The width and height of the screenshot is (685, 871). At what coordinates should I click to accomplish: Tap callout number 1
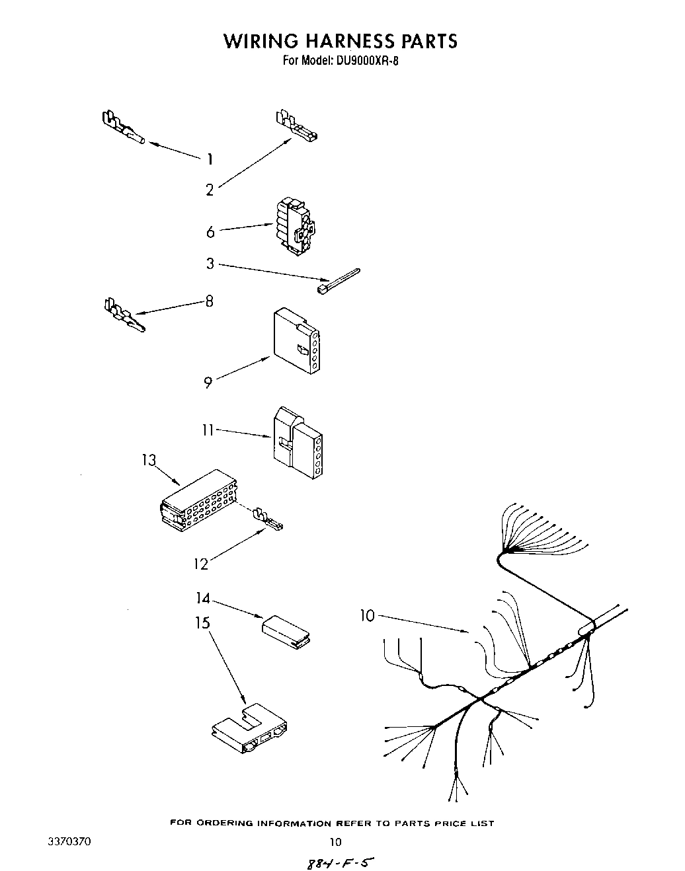210,159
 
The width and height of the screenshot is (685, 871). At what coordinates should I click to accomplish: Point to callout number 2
210,190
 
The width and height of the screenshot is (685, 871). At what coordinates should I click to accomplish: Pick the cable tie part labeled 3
338,280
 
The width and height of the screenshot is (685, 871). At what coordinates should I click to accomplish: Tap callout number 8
209,301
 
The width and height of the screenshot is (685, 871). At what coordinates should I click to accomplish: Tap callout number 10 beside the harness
367,616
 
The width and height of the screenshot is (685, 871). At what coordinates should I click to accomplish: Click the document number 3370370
70,842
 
